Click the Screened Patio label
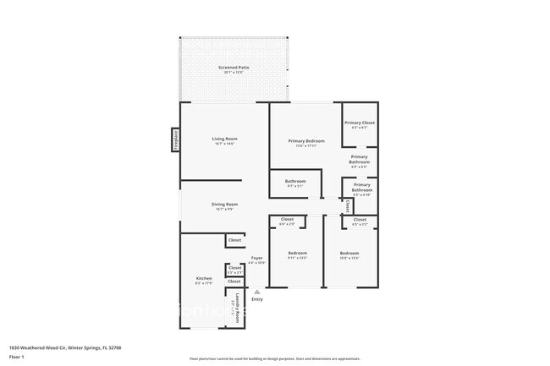(237, 67)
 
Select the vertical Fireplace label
(176, 139)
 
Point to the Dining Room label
(224, 204)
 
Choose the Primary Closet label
(360, 123)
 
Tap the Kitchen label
(204, 279)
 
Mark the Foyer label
(256, 258)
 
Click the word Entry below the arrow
(257, 299)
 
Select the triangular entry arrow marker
(257, 291)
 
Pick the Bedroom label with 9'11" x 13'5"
(297, 254)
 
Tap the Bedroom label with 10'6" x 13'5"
(349, 254)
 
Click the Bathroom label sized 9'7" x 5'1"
(295, 181)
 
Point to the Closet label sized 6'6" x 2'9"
(287, 221)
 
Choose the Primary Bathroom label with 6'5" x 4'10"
(362, 188)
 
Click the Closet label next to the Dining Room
(234, 241)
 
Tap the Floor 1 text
(16, 357)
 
